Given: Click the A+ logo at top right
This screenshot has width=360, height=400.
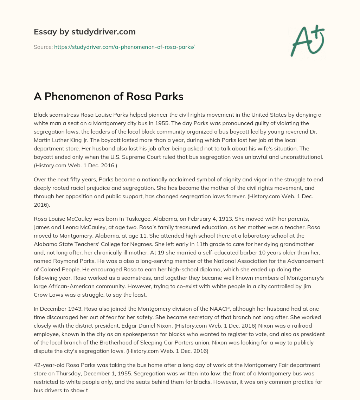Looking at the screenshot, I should point(307,41).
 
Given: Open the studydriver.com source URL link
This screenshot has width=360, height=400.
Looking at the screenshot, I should point(124,47).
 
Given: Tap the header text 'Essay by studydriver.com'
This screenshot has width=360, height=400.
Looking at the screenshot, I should point(84,32).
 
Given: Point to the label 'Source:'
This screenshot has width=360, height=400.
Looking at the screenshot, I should point(43,47).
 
